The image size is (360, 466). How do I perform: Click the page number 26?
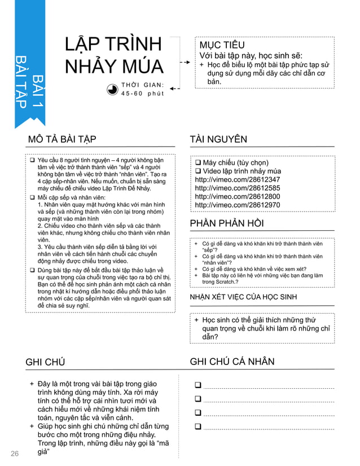15,454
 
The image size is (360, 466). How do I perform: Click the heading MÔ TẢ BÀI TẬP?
62,139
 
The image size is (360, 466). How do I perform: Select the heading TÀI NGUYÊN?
218,139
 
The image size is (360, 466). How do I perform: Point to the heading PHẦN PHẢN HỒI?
227,223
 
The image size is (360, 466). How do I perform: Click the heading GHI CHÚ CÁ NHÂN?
232,362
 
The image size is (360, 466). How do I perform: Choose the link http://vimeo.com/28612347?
237,179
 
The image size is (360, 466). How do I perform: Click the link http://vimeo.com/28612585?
237,188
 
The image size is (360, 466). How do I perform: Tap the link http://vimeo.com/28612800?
237,196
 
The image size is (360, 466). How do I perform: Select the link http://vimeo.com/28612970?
237,205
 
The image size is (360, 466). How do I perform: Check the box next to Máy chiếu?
198,163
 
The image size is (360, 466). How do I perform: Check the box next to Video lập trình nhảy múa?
198,172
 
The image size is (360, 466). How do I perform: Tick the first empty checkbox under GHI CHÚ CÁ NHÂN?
198,385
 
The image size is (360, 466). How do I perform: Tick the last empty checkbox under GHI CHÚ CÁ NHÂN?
198,427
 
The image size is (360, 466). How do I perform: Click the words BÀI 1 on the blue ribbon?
39,90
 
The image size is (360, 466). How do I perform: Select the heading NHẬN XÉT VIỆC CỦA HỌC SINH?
243,297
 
